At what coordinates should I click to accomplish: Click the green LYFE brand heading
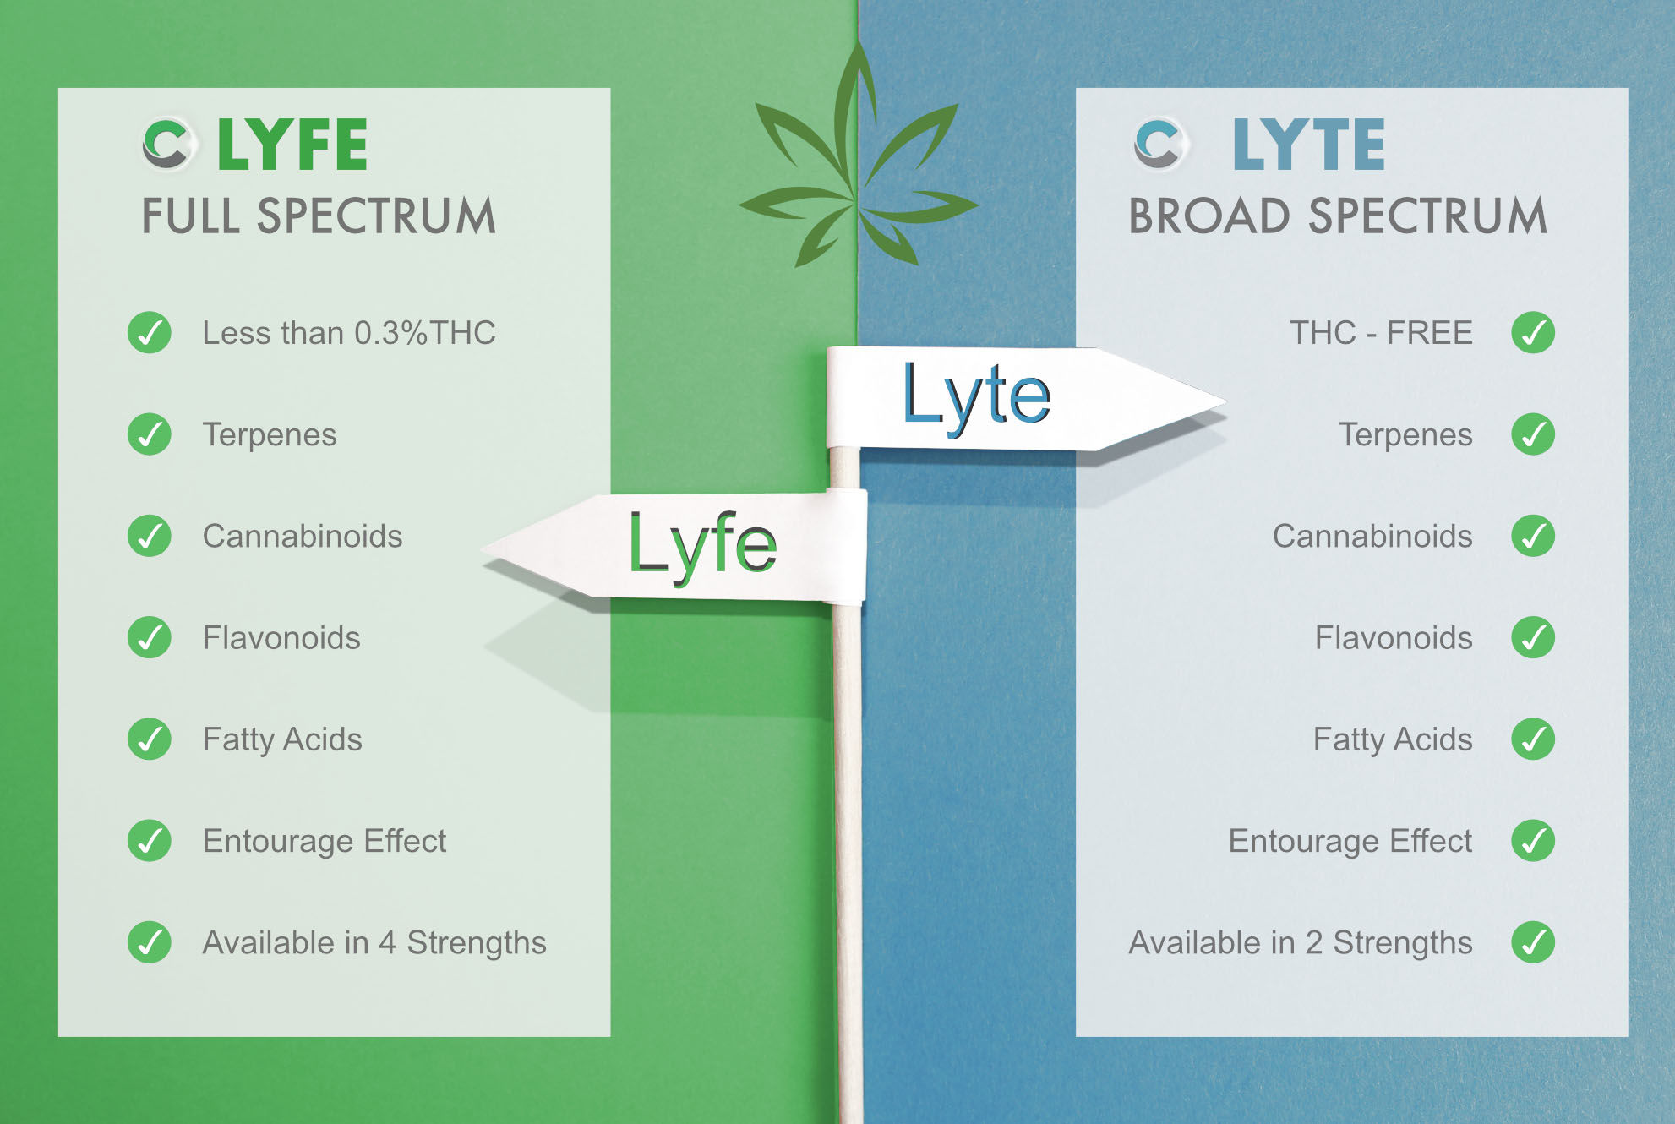(x=292, y=145)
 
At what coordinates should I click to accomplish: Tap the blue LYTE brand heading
(x=1309, y=145)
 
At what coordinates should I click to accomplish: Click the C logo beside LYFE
(x=166, y=144)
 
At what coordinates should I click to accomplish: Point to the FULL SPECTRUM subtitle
(x=319, y=216)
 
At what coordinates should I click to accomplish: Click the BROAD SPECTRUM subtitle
(x=1338, y=216)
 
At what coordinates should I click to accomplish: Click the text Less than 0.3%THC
(x=349, y=333)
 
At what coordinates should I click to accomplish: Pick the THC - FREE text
(x=1381, y=333)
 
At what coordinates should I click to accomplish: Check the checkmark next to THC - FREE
(x=1533, y=333)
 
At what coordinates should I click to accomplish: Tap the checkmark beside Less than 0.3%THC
(x=150, y=333)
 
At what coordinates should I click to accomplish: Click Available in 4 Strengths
(x=374, y=943)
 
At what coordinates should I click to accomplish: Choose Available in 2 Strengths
(x=1301, y=943)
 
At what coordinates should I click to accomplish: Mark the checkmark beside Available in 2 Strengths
(x=1533, y=942)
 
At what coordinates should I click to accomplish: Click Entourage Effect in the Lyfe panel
(x=325, y=842)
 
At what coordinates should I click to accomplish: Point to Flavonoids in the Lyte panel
(x=1394, y=638)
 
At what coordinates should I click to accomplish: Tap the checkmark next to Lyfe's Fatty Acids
(x=150, y=739)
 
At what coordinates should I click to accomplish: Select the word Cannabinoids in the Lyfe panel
(x=303, y=537)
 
